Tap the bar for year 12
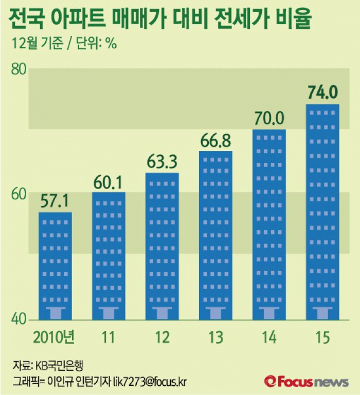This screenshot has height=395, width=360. pyautogui.click(x=162, y=246)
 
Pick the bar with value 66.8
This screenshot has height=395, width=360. pyautogui.click(x=215, y=235)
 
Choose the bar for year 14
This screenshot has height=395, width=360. pyautogui.click(x=269, y=224)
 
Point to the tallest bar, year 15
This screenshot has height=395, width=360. pyautogui.click(x=322, y=211)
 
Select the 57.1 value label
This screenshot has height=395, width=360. pyautogui.click(x=55, y=201)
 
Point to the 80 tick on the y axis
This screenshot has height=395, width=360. pyautogui.click(x=19, y=69)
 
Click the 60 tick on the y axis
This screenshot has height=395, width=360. pyautogui.click(x=19, y=194)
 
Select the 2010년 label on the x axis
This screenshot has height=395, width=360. pyautogui.click(x=53, y=337)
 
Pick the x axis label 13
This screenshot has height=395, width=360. pyautogui.click(x=215, y=337)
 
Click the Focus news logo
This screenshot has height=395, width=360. pyautogui.click(x=307, y=381)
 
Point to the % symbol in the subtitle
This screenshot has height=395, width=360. pyautogui.click(x=111, y=43)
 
